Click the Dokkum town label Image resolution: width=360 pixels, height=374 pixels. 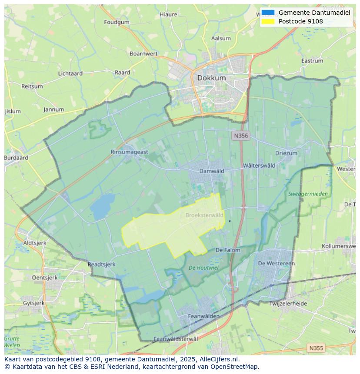point(211,78)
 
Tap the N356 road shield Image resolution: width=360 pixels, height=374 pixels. point(240,136)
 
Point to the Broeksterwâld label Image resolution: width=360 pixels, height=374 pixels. point(204,215)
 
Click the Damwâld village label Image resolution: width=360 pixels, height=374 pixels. point(211,171)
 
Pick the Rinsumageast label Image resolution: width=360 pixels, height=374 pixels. point(129,152)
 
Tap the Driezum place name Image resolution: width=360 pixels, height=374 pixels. point(286,153)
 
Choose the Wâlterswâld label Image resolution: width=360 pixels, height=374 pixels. point(259,165)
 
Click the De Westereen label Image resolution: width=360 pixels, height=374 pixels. point(276,263)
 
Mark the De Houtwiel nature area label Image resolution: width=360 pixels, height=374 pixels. point(203,268)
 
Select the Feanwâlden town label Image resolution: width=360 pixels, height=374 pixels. point(203,317)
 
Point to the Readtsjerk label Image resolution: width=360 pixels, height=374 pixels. point(101,264)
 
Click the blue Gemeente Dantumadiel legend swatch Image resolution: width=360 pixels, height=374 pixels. point(268,13)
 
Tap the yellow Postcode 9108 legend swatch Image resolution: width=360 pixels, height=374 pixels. point(268,21)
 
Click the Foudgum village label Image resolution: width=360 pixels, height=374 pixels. point(117,22)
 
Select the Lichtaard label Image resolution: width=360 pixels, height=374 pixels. point(70,73)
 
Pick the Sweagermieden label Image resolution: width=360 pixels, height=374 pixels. point(308,194)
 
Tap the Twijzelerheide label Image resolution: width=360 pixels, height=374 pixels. point(288,304)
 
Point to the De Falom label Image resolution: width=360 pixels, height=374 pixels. point(227,250)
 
